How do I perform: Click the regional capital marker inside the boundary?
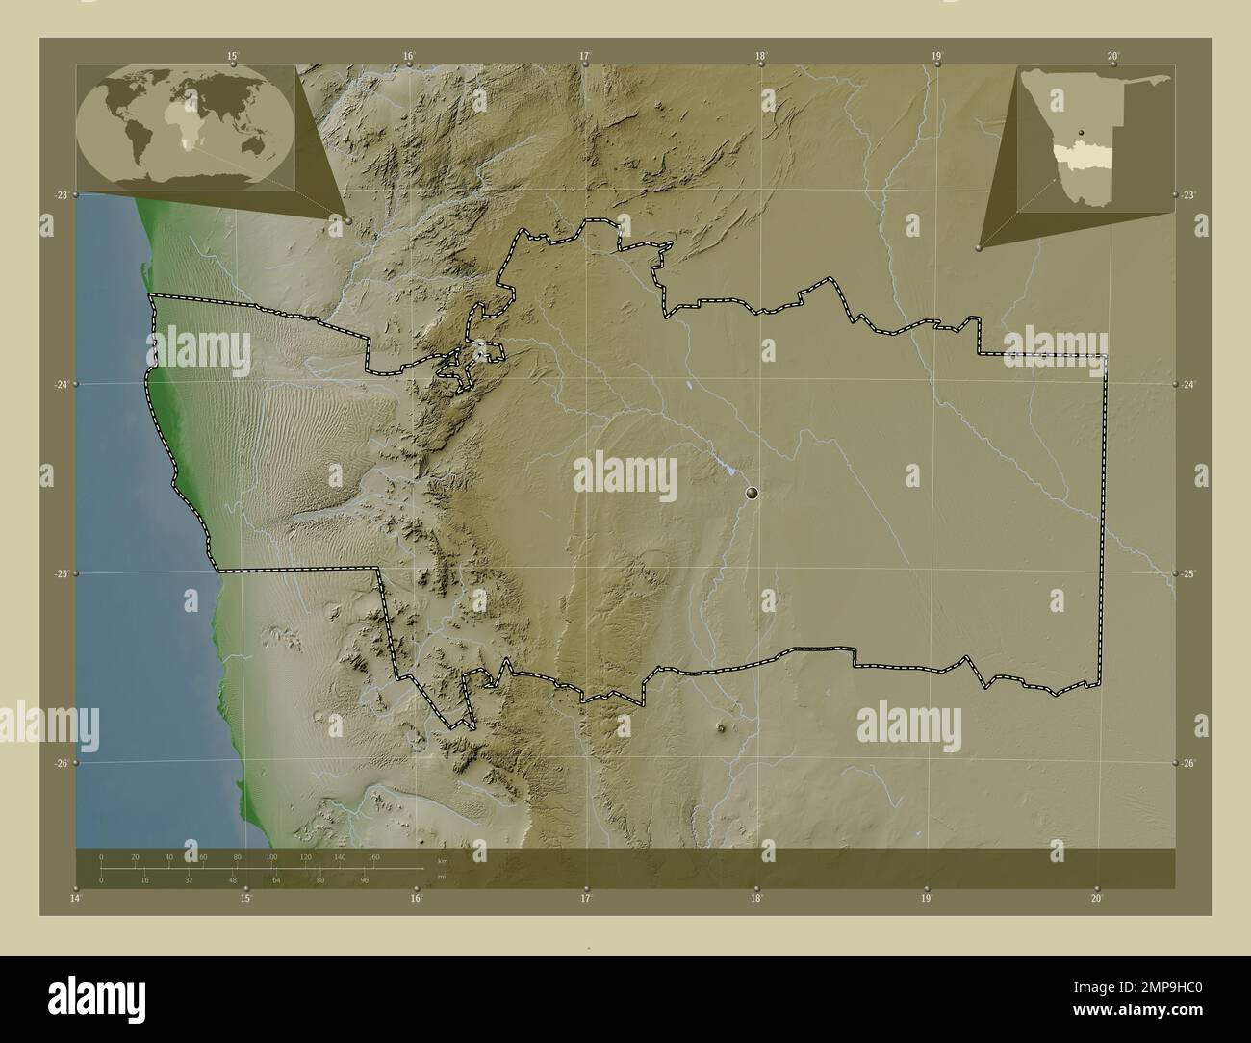[753, 493]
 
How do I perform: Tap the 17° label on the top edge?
[584, 56]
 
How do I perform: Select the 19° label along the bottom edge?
[926, 898]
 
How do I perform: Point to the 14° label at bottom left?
[76, 898]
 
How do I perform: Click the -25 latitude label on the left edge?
[61, 573]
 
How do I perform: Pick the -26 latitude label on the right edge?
[1190, 763]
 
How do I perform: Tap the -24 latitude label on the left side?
[61, 384]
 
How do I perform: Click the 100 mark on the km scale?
[271, 856]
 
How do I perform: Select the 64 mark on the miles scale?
[276, 879]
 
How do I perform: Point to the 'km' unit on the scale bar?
[443, 860]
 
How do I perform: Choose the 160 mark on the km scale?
[373, 856]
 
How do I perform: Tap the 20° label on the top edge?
[1112, 56]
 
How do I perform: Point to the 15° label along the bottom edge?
[246, 898]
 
